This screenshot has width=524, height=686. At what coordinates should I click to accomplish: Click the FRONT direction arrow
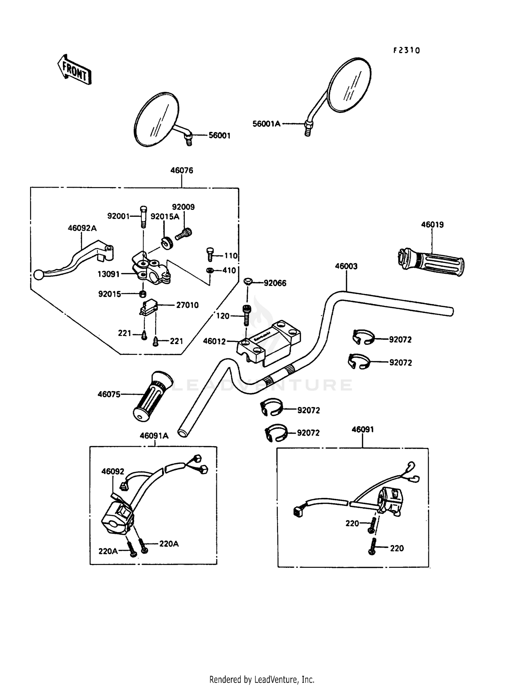74,70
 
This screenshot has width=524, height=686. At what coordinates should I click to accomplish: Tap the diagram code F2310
406,50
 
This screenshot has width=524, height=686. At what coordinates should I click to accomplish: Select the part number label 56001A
267,124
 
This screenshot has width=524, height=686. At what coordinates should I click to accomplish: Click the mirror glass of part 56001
157,119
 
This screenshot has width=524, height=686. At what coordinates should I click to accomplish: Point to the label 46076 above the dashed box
182,170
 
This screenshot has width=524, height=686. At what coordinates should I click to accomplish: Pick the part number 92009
183,207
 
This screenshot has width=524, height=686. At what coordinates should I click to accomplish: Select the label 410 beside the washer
229,270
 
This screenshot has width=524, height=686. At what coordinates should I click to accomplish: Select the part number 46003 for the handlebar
346,266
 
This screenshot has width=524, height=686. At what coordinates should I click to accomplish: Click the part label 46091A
154,436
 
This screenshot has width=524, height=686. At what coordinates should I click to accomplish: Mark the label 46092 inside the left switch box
113,471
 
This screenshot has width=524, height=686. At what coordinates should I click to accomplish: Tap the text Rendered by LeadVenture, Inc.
262,679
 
